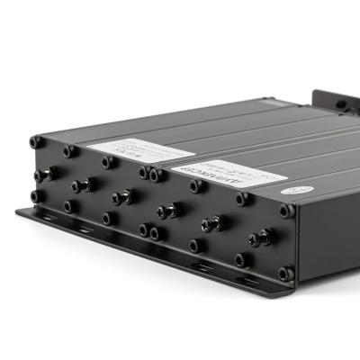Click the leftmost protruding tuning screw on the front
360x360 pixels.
click(45, 173)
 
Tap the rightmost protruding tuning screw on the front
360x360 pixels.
click(262, 238)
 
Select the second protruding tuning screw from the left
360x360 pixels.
click(83, 184)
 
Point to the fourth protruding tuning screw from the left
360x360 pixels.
click(166, 211)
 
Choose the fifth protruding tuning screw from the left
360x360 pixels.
click(211, 224)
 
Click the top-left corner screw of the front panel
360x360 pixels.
click(36, 142)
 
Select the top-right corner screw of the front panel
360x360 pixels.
click(286, 211)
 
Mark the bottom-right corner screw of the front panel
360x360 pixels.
click(285, 273)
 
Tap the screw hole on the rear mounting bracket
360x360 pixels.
click(340, 104)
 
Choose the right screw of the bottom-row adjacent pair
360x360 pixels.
click(157, 234)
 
